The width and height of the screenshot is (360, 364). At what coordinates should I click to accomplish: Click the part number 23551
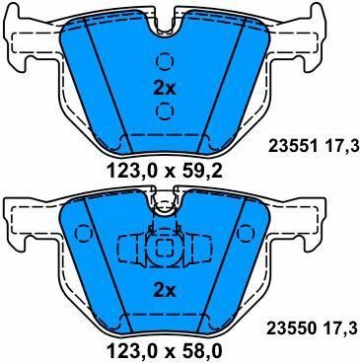293,146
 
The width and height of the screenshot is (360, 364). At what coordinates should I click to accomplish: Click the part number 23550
292,328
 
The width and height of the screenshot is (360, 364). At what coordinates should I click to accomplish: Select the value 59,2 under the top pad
201,172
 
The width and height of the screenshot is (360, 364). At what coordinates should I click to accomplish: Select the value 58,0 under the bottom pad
200,352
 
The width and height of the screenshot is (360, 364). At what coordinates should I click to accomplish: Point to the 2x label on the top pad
165,89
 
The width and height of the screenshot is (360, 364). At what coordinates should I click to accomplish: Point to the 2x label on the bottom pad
165,291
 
